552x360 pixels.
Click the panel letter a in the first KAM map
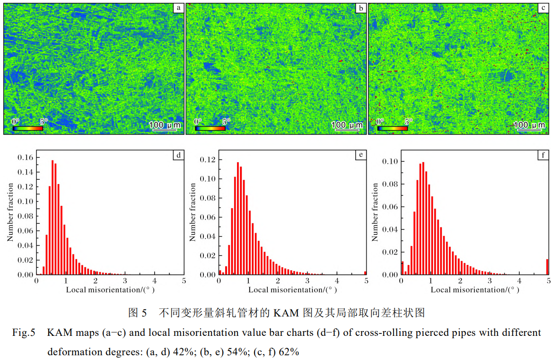pos(178,8)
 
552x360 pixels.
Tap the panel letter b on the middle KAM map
pos(360,8)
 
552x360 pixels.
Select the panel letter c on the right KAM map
pos(543,8)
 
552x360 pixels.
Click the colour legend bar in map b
pos(210,128)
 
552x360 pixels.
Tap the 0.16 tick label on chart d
pos(26,157)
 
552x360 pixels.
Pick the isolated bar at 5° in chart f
pos(548,267)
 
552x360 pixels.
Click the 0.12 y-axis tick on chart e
pos(209,160)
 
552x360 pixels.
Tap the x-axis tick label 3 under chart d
pos(125,281)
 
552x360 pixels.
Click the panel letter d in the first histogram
pos(178,155)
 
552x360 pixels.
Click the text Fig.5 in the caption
pos(24,333)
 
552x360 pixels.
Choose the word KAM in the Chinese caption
pos(286,313)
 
